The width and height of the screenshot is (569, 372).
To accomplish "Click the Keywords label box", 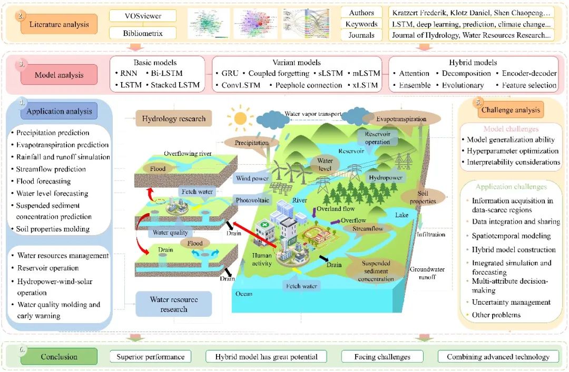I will (x=361, y=24).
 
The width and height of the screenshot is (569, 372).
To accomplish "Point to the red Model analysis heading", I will (x=59, y=75).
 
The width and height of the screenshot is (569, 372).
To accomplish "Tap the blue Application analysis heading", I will (x=59, y=111).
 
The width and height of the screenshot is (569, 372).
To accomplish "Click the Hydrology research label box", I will (x=174, y=119).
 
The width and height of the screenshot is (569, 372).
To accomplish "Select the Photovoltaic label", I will (x=252, y=200).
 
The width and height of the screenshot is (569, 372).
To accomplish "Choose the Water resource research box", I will (x=174, y=304).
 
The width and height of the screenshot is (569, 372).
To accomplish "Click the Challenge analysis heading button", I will (x=510, y=110).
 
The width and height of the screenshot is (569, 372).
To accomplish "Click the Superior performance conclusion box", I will (x=150, y=357).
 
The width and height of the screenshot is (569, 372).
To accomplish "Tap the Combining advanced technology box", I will (x=498, y=357).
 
